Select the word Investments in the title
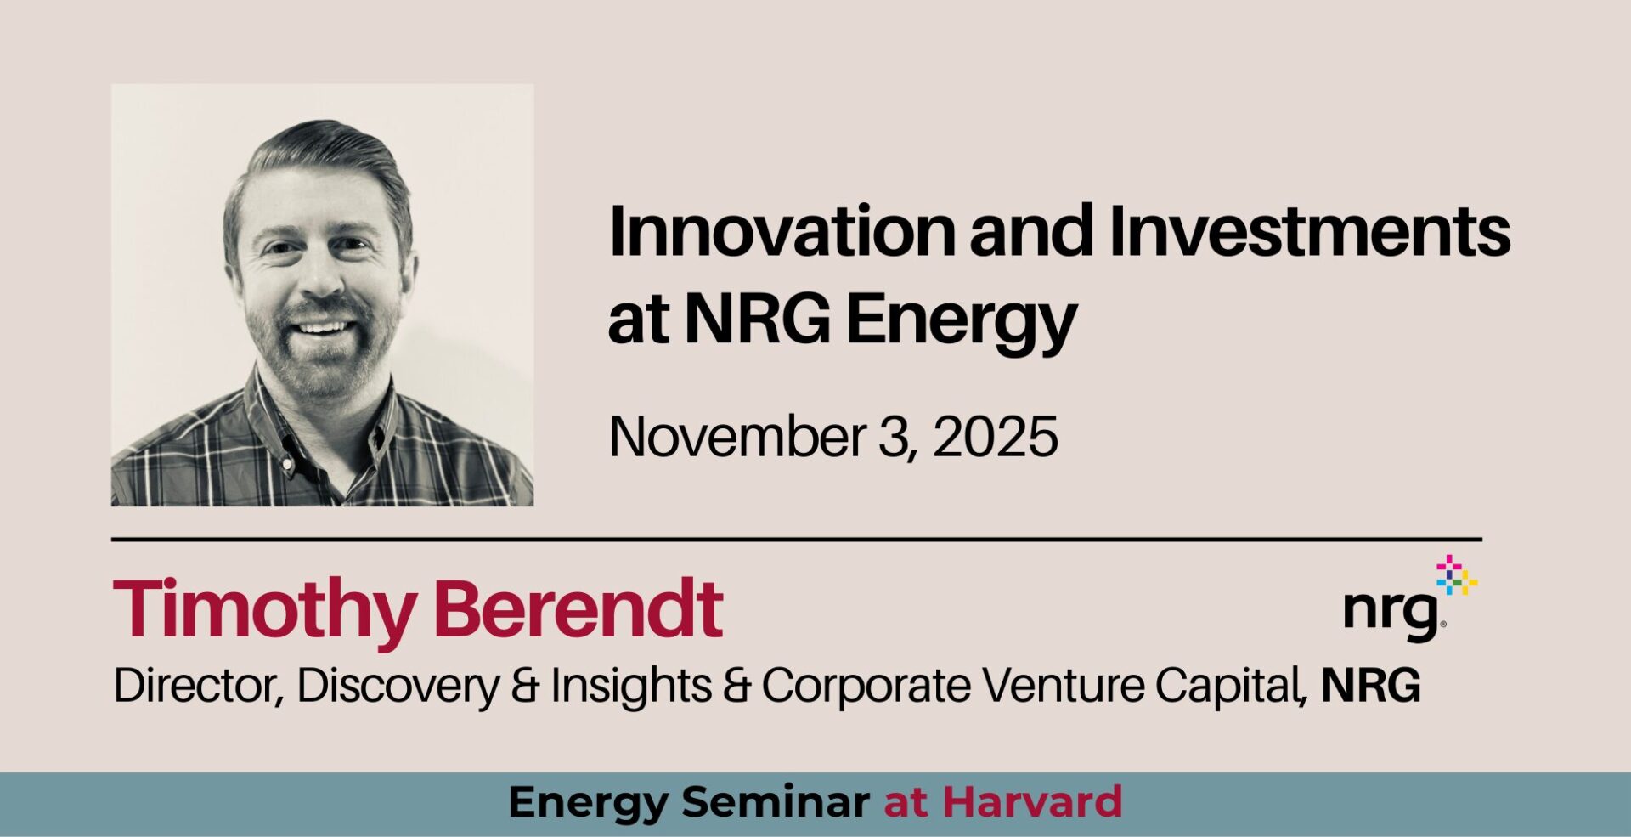point(1309,231)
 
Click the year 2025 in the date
point(996,438)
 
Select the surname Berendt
point(578,608)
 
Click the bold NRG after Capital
point(1370,686)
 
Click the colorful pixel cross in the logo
point(1456,575)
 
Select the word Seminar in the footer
point(775,802)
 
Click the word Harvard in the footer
point(1032,802)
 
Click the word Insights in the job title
point(631,687)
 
